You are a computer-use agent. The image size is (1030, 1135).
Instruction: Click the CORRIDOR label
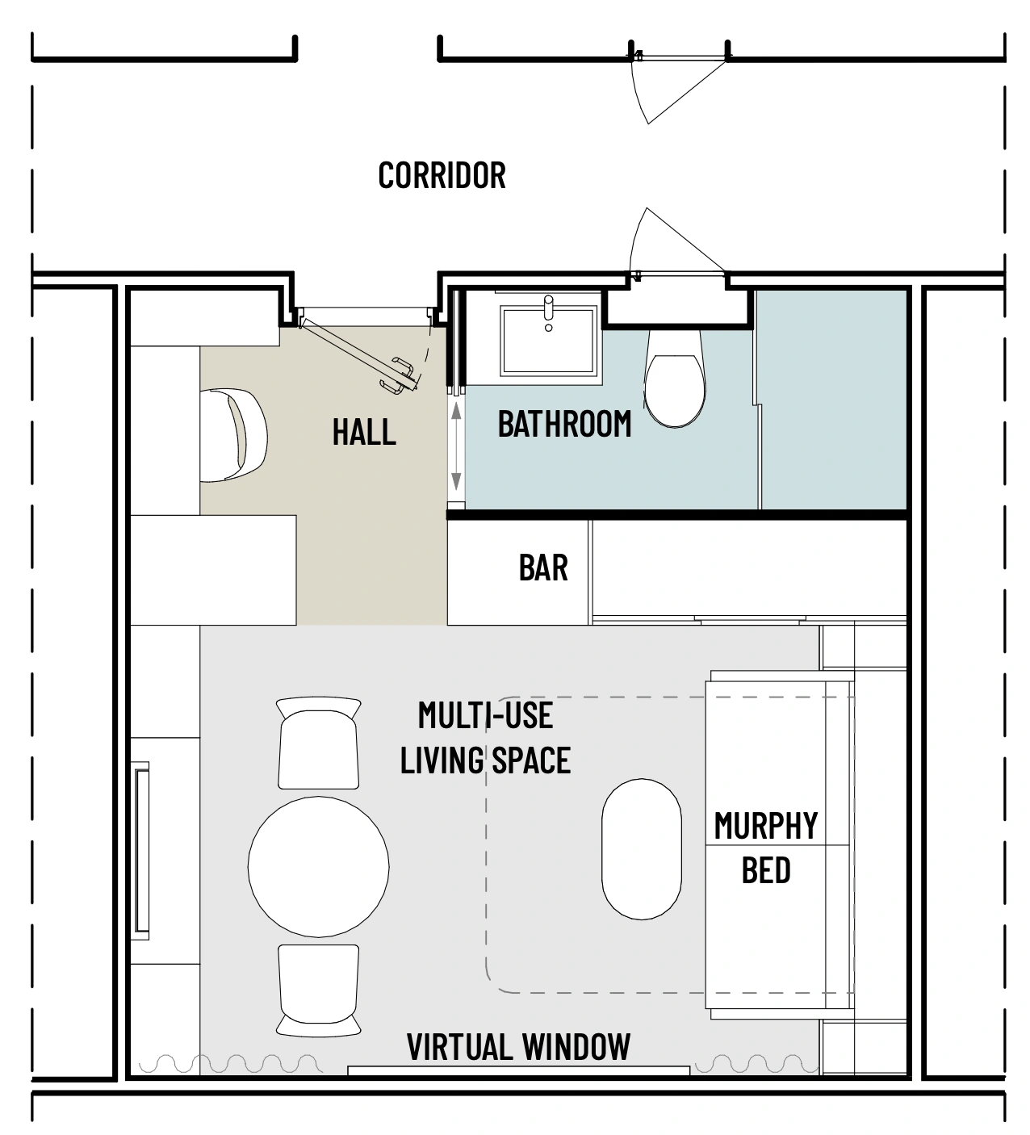pyautogui.click(x=442, y=175)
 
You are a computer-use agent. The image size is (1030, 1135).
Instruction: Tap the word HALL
pyautogui.click(x=364, y=432)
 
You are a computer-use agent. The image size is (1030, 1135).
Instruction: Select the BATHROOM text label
pyautogui.click(x=564, y=424)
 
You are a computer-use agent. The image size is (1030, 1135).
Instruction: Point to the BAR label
pyautogui.click(x=543, y=567)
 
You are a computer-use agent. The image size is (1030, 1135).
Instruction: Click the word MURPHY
pyautogui.click(x=766, y=826)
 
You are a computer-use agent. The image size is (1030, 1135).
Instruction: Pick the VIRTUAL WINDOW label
pyautogui.click(x=518, y=1047)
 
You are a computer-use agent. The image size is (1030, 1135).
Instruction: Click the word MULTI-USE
pyautogui.click(x=486, y=716)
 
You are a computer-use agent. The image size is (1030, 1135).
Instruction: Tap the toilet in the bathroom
pyautogui.click(x=675, y=378)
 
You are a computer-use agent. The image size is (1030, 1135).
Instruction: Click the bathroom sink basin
pyautogui.click(x=548, y=340)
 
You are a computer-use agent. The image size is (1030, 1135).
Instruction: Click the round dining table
pyautogui.click(x=319, y=866)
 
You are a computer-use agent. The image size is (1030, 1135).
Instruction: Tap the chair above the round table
pyautogui.click(x=319, y=743)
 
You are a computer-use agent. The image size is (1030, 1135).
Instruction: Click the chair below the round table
pyautogui.click(x=319, y=991)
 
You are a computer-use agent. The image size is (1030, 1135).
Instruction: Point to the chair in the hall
pyautogui.click(x=233, y=434)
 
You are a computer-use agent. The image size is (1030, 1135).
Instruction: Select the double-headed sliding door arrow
pyautogui.click(x=456, y=446)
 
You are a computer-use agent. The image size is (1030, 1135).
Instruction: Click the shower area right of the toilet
pyautogui.click(x=832, y=400)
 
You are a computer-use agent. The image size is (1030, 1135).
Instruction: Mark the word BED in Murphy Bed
pyautogui.click(x=766, y=870)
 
